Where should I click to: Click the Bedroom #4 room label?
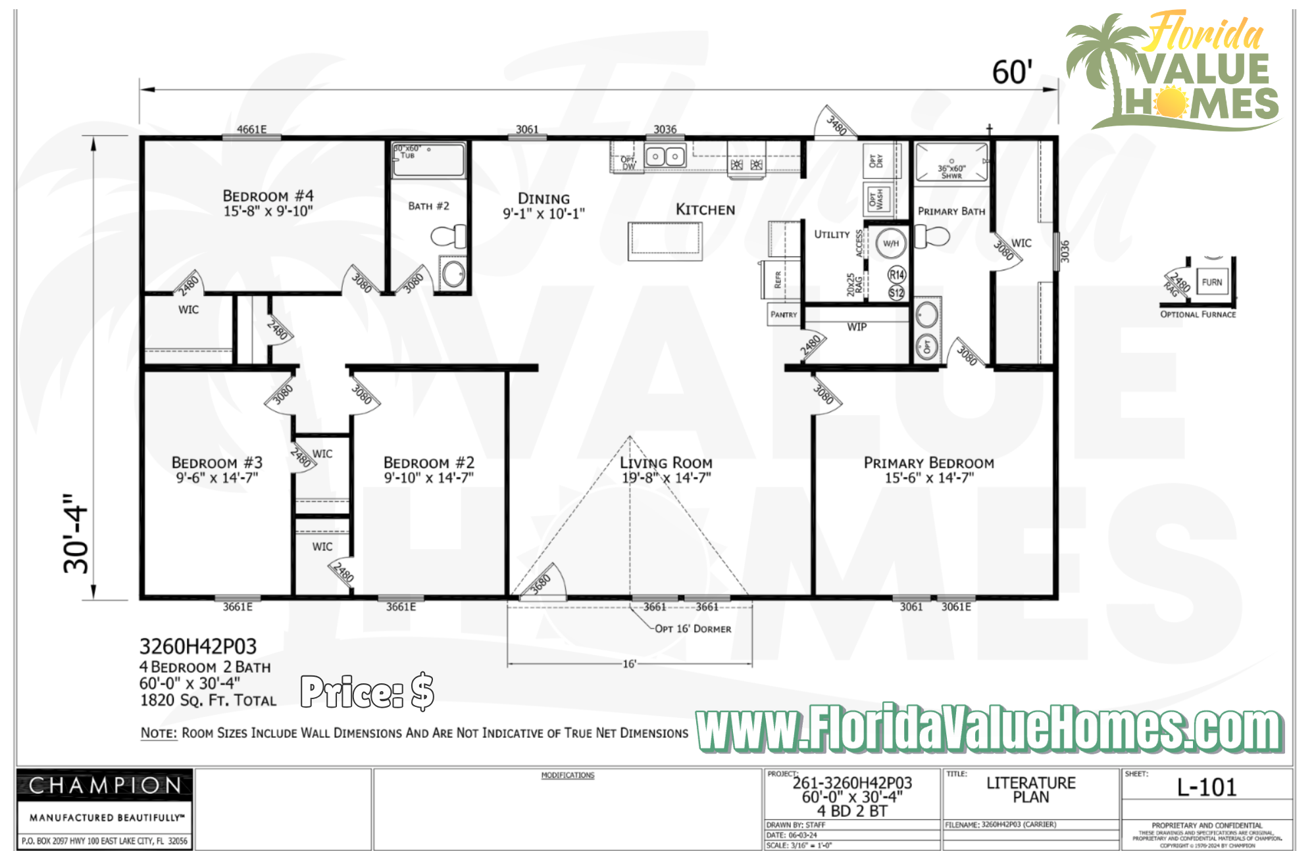(x=268, y=196)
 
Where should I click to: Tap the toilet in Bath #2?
(x=449, y=236)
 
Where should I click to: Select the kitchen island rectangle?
(x=665, y=241)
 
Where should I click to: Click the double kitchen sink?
(x=665, y=157)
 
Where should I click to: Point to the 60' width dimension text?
(x=1012, y=72)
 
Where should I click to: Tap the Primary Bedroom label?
(x=928, y=463)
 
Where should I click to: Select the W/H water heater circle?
(x=891, y=243)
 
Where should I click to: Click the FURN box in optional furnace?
(x=1211, y=282)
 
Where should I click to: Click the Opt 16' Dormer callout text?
(x=693, y=629)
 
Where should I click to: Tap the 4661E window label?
(x=251, y=130)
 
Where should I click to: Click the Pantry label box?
(x=784, y=314)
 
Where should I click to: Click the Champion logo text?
(x=105, y=785)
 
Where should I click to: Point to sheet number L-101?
(x=1207, y=788)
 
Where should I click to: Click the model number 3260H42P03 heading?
(x=198, y=646)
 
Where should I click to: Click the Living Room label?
(x=666, y=463)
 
